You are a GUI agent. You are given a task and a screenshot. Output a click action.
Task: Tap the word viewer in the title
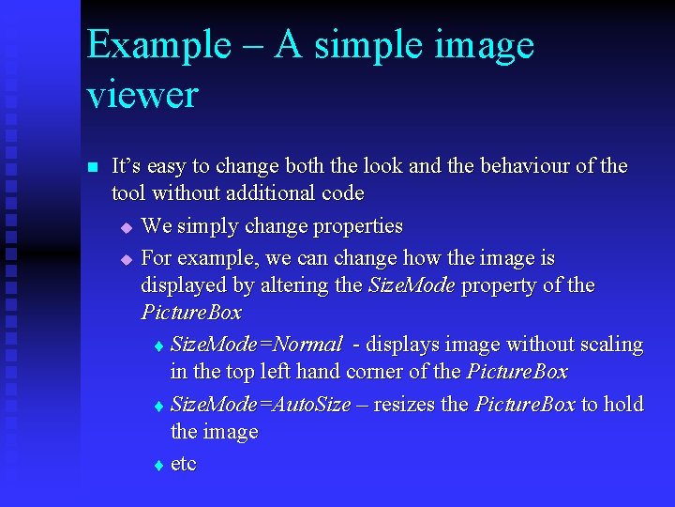(x=142, y=96)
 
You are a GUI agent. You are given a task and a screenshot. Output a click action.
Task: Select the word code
(x=341, y=193)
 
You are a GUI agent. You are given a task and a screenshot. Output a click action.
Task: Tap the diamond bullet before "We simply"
(x=127, y=228)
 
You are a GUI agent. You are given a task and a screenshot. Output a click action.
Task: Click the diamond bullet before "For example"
(x=127, y=259)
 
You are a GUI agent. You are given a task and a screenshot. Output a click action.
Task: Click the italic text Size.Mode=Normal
(x=256, y=345)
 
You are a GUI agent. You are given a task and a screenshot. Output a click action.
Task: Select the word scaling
(x=611, y=345)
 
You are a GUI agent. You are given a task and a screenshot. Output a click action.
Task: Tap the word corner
(x=378, y=372)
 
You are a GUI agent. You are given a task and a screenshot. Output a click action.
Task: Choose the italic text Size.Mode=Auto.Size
(x=261, y=405)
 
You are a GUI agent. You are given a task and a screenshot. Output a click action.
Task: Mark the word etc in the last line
(x=183, y=465)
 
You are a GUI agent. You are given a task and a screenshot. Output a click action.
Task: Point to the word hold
(x=624, y=405)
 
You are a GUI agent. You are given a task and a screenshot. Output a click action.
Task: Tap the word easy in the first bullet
(x=166, y=167)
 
